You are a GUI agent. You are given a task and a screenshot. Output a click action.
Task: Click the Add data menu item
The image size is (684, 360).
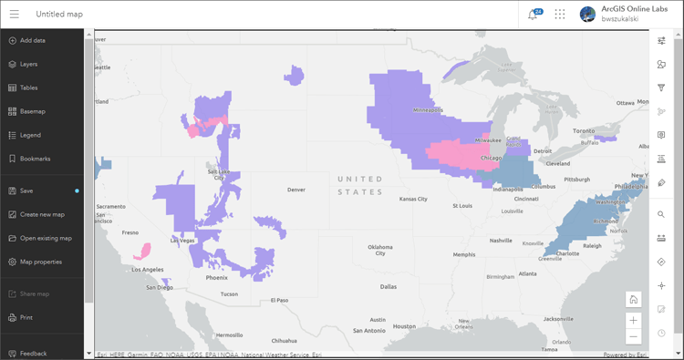(33, 40)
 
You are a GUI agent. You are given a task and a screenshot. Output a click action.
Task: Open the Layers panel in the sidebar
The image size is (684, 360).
(28, 64)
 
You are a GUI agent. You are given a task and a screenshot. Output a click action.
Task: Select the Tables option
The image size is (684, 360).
(28, 87)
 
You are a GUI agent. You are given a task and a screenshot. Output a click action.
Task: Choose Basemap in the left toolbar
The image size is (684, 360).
(32, 111)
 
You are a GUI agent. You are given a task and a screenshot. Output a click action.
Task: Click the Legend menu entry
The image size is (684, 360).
(30, 135)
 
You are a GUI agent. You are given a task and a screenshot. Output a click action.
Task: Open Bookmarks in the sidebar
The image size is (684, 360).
(35, 159)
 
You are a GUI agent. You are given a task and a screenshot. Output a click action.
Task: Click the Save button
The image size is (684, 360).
(26, 190)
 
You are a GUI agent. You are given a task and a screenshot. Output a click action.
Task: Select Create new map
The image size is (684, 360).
(42, 214)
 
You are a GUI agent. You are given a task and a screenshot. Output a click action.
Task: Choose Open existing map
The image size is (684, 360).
(45, 238)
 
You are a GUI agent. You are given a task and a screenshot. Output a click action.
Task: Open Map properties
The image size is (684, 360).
(40, 262)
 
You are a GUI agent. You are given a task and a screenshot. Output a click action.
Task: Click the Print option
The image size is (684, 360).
(26, 317)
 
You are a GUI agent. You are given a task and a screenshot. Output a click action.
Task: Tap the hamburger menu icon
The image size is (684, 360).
(13, 14)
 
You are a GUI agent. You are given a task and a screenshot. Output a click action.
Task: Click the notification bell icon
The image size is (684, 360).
(533, 15)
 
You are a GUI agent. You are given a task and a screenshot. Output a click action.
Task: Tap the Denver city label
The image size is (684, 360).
(295, 190)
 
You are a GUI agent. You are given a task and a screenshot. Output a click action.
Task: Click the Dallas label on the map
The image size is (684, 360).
(389, 286)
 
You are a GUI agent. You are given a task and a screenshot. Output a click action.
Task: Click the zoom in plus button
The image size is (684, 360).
(633, 319)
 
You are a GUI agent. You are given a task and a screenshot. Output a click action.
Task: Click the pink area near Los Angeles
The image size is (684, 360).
(143, 250)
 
